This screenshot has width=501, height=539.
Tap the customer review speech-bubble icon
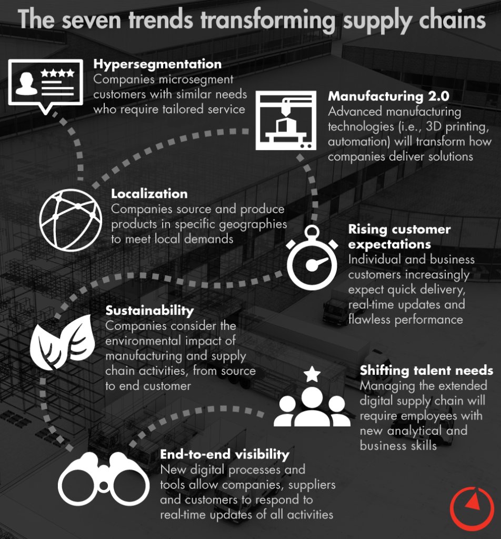click(46, 84)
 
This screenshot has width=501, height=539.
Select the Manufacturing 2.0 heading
click(388, 97)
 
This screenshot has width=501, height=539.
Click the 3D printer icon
click(286, 120)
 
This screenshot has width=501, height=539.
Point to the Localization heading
click(149, 194)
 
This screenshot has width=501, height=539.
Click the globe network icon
click(71, 220)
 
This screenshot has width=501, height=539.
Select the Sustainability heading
click(149, 310)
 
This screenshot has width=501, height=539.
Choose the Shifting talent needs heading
click(426, 370)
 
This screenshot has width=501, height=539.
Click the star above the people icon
click(312, 374)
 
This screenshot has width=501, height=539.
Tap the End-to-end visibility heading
click(225, 454)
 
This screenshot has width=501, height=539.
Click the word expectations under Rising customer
click(389, 244)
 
